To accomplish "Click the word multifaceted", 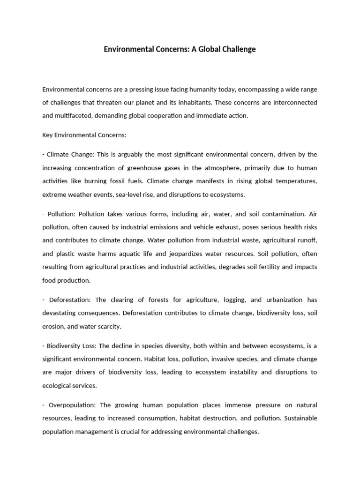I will click(75, 115).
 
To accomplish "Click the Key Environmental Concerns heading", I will click(84, 135).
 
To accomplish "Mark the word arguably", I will click(131, 155).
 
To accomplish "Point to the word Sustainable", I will click(300, 418).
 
